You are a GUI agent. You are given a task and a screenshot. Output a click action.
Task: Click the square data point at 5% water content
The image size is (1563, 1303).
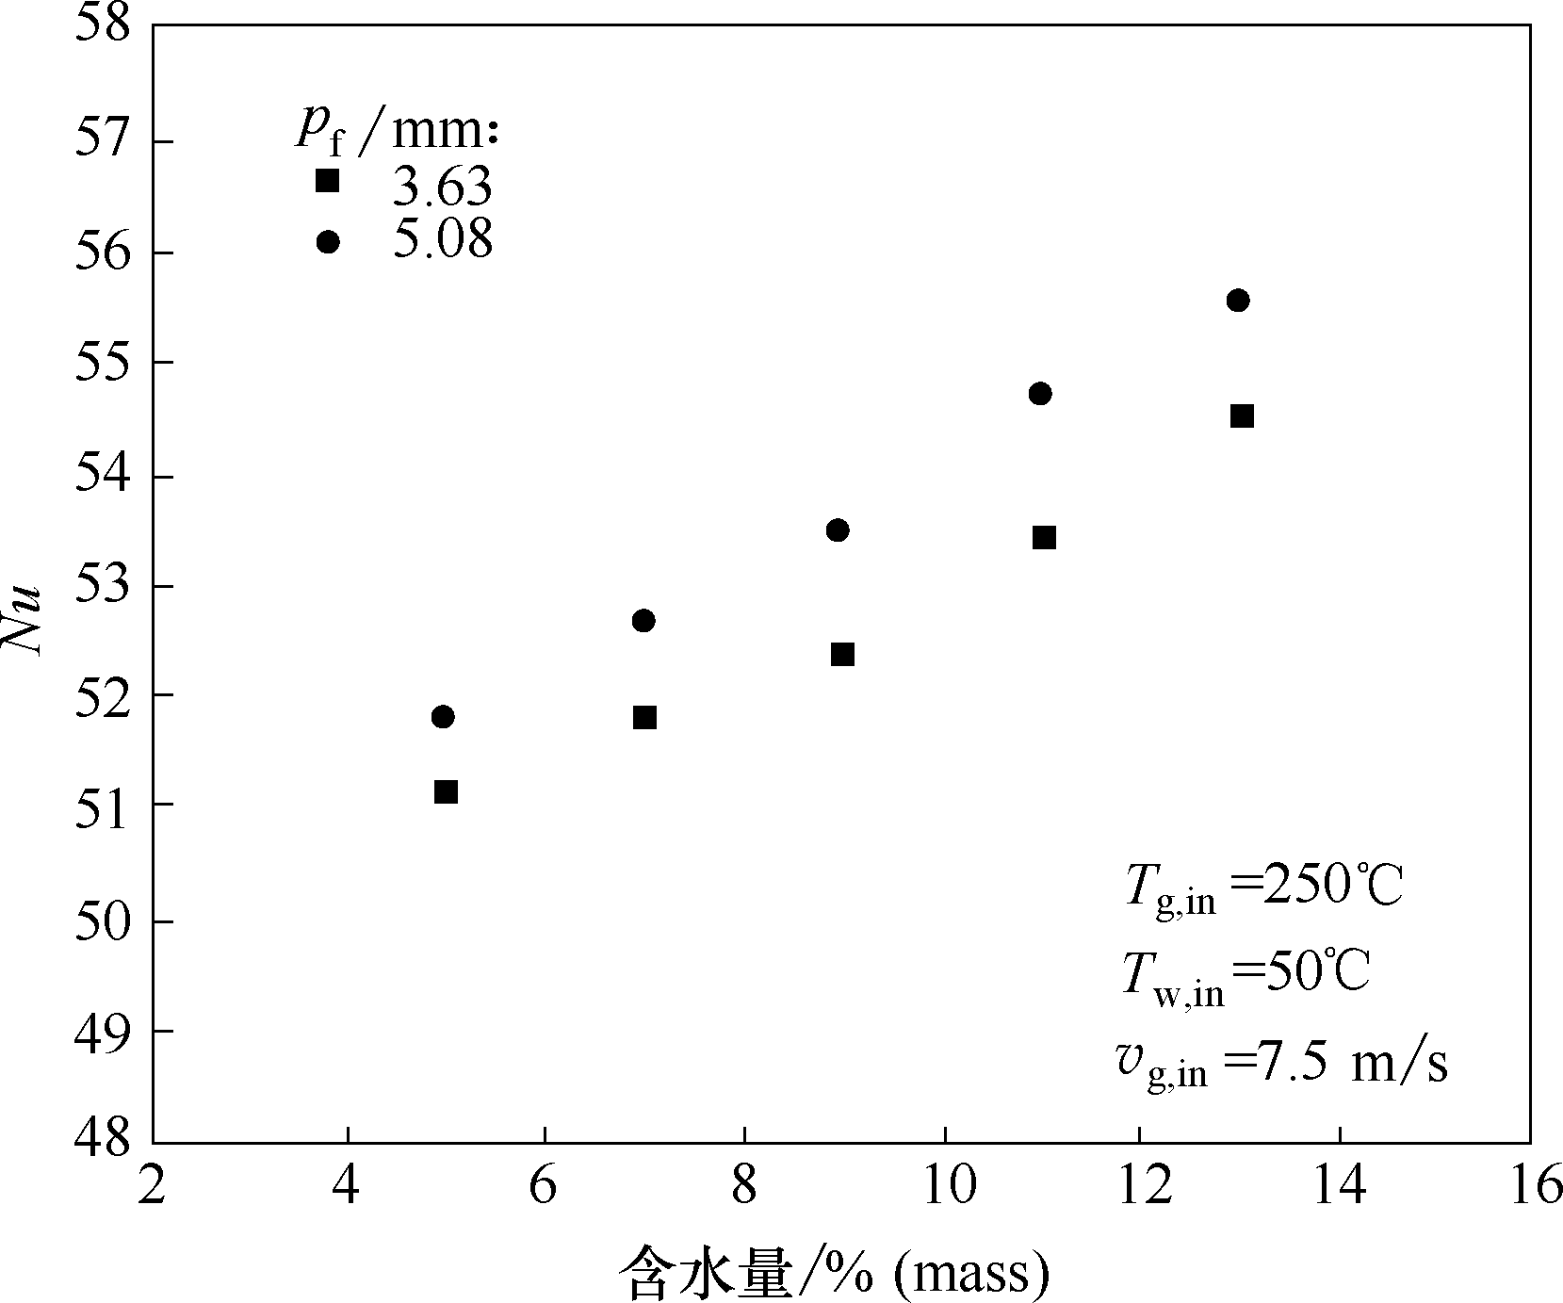[446, 791]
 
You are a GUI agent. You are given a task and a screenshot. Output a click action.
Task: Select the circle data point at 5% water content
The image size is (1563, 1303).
[443, 717]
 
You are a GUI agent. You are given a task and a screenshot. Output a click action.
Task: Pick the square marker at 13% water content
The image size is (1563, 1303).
[1242, 416]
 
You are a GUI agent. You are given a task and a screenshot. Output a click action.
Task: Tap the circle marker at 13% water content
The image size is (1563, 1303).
[1238, 301]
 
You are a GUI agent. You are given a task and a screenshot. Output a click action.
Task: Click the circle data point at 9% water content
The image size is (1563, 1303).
[838, 530]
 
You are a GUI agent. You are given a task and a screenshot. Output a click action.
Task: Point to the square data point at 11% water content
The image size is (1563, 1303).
[1044, 538]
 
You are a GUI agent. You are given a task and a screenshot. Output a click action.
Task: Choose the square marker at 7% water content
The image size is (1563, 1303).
[644, 718]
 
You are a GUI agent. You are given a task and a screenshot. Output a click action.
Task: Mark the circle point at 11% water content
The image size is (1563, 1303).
[1040, 394]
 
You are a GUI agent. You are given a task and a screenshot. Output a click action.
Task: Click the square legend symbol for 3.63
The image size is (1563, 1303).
[327, 181]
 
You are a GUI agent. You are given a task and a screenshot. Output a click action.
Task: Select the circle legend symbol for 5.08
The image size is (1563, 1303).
[327, 242]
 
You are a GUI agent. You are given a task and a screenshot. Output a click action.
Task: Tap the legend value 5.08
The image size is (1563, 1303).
[442, 241]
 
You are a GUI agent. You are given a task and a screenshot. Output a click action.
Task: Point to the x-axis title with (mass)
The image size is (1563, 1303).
[833, 1274]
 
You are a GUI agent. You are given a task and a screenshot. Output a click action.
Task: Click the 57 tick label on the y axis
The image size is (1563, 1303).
[103, 142]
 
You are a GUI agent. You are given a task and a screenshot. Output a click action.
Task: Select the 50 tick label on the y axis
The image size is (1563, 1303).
[103, 920]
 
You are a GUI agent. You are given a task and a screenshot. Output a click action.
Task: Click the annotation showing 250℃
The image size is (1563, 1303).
[1263, 888]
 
